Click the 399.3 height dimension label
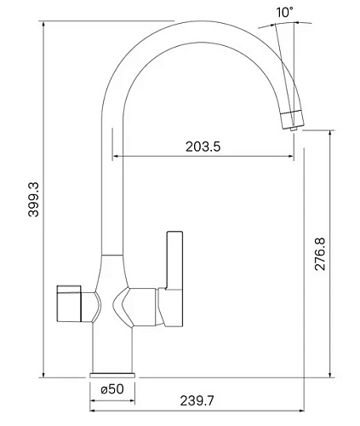[33, 199]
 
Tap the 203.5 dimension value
[203, 147]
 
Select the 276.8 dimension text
[321, 254]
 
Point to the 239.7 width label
[197, 400]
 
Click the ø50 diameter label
[112, 389]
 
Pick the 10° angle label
[284, 12]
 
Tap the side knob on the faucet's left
[69, 303]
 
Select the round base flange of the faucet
[112, 375]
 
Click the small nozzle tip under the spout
[294, 129]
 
